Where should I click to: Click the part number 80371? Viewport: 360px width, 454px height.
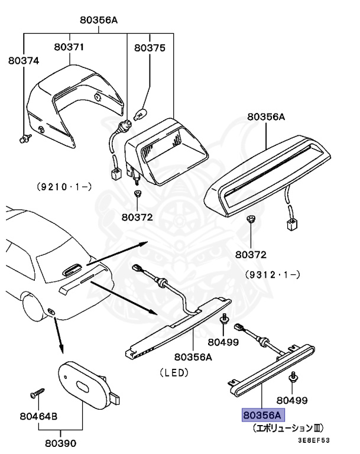pyautogui.click(x=70, y=46)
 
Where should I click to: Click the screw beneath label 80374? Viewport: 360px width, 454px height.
pyautogui.click(x=24, y=139)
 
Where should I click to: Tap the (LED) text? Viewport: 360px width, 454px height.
pyautogui.click(x=173, y=372)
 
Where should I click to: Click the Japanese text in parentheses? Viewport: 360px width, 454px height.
pyautogui.click(x=288, y=427)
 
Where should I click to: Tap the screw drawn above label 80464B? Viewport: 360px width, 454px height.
pyautogui.click(x=37, y=392)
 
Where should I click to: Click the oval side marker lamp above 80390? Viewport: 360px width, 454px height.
pyautogui.click(x=86, y=387)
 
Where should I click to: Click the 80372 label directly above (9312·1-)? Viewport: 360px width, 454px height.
pyautogui.click(x=250, y=255)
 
